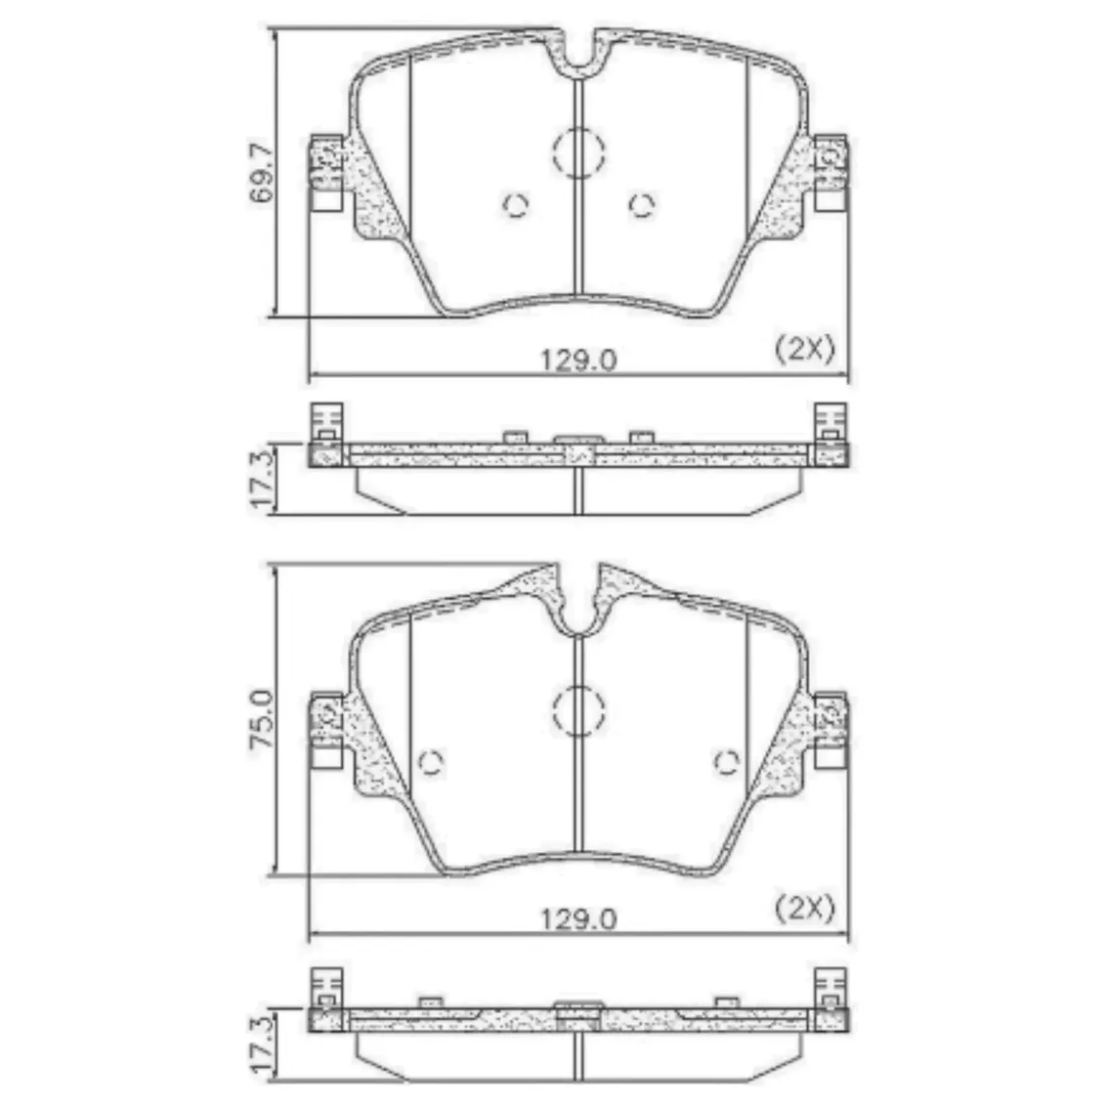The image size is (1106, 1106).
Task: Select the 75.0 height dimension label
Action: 262,719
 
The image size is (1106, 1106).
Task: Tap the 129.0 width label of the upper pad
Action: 578,361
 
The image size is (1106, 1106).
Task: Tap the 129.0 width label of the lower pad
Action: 578,918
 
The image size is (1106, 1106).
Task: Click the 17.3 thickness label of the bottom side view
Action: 262,1044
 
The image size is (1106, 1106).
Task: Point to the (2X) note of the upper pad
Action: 805,348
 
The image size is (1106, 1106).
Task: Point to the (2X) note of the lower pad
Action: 805,907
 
